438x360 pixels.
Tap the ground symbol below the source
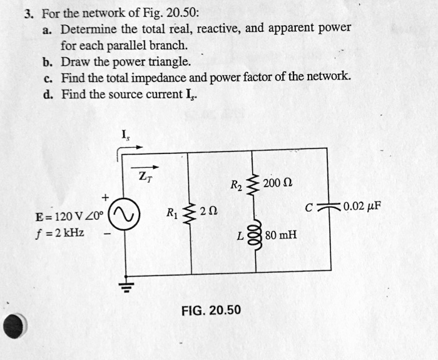[128, 287]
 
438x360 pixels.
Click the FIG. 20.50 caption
[211, 310]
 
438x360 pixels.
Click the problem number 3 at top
[29, 12]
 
